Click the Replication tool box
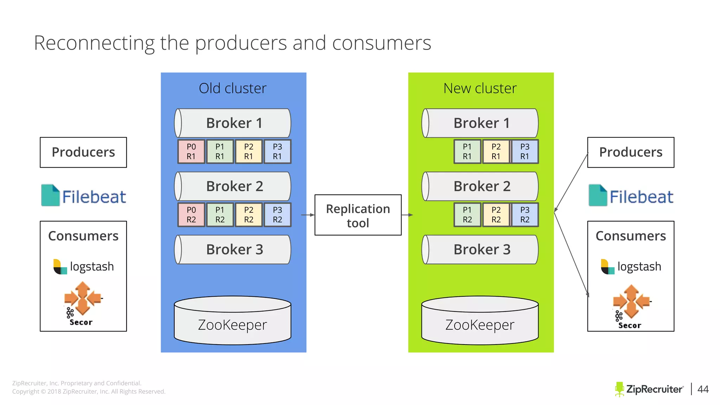pos(358,215)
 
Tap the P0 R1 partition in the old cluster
pos(191,152)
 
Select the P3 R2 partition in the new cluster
pos(525,215)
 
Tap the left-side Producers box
pos(83,152)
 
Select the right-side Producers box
pos(631,152)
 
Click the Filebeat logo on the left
pos(84,196)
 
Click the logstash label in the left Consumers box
pos(91,266)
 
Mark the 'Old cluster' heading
pos(233,88)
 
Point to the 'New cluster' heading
pos(480,88)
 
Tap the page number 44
pos(703,389)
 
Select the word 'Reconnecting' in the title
pos(94,43)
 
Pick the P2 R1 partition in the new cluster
pos(496,152)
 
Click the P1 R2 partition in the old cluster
pos(220,215)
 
